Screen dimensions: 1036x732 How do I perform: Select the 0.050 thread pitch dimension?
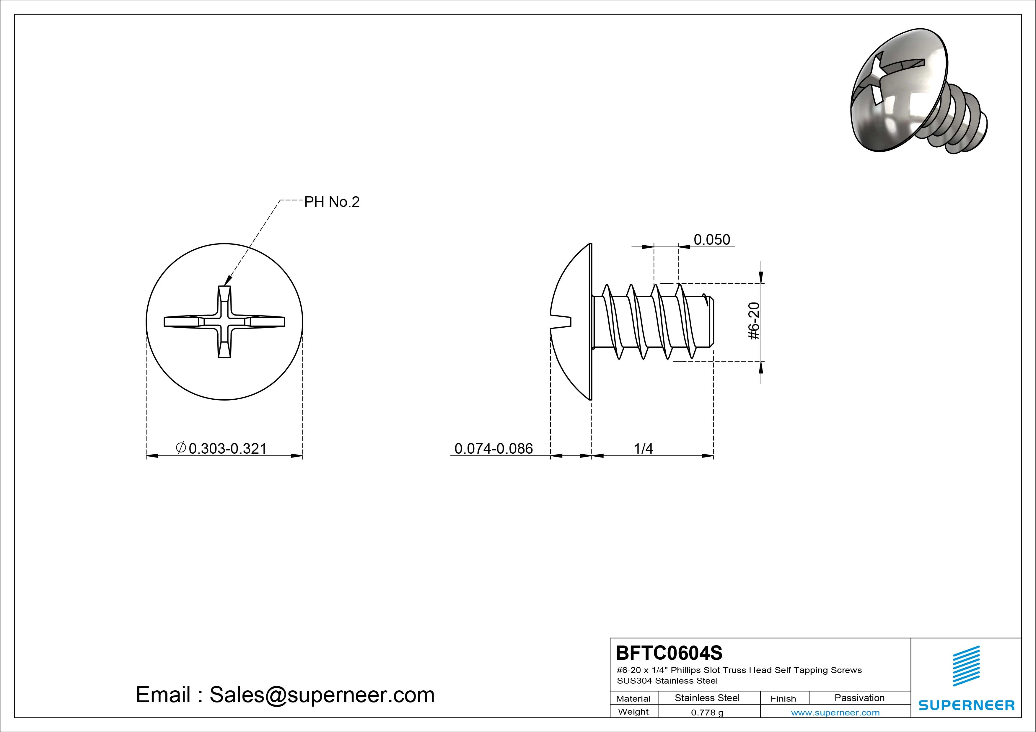point(711,239)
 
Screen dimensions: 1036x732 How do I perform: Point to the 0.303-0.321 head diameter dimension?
point(227,448)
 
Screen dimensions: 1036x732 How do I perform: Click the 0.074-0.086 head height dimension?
point(493,448)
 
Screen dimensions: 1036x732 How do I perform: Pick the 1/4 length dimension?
point(644,448)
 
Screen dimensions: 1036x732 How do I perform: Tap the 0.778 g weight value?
point(707,713)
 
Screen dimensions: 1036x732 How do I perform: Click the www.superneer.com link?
point(835,713)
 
